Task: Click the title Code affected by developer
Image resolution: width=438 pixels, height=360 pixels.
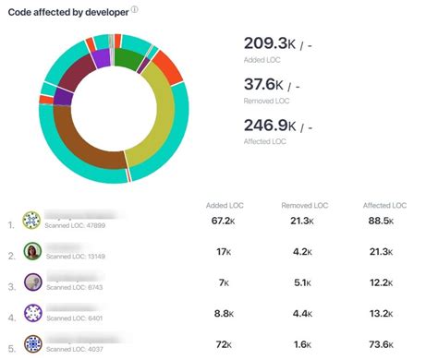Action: click(x=68, y=11)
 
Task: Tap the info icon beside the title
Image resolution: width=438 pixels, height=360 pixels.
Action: click(x=135, y=10)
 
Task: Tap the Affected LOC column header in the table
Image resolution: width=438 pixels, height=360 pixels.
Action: click(x=385, y=205)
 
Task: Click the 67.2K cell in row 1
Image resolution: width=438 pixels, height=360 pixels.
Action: click(x=225, y=222)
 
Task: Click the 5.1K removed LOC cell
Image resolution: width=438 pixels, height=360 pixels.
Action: click(x=302, y=283)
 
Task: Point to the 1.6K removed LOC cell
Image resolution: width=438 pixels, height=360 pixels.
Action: click(x=302, y=344)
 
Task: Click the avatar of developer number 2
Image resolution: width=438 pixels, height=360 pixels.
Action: click(x=32, y=252)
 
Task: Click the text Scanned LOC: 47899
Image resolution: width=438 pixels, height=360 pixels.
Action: click(x=76, y=227)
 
